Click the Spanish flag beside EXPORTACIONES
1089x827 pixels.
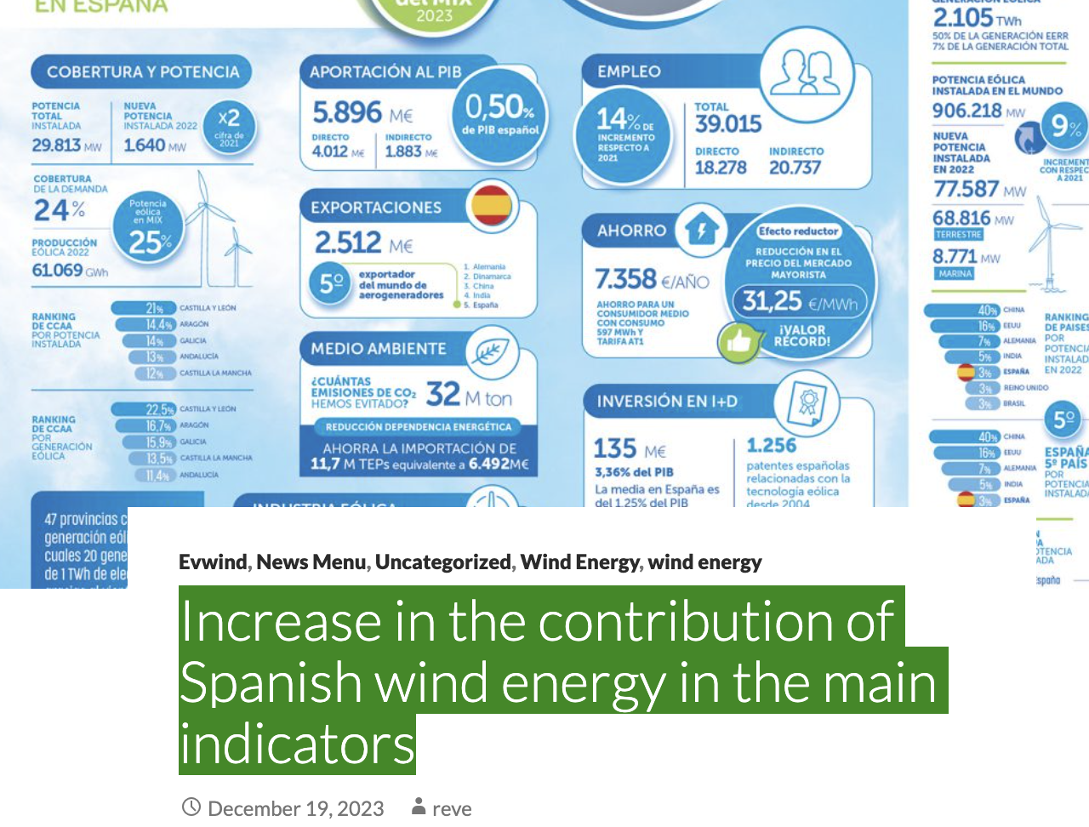[x=492, y=205]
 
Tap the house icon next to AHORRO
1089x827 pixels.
[x=702, y=229]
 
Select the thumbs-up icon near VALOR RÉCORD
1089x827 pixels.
[x=738, y=342]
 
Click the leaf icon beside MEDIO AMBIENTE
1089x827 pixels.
[x=492, y=351]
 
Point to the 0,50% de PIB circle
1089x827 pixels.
[x=500, y=115]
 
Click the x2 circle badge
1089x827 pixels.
[x=229, y=126]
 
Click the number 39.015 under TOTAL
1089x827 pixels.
[x=727, y=124]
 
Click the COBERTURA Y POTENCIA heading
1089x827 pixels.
[x=143, y=72]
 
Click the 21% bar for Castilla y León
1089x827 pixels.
[x=154, y=308]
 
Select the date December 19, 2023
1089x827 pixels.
[x=295, y=808]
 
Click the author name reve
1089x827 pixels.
[x=451, y=808]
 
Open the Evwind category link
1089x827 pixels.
[x=213, y=562]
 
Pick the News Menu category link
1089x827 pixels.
[x=311, y=562]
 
